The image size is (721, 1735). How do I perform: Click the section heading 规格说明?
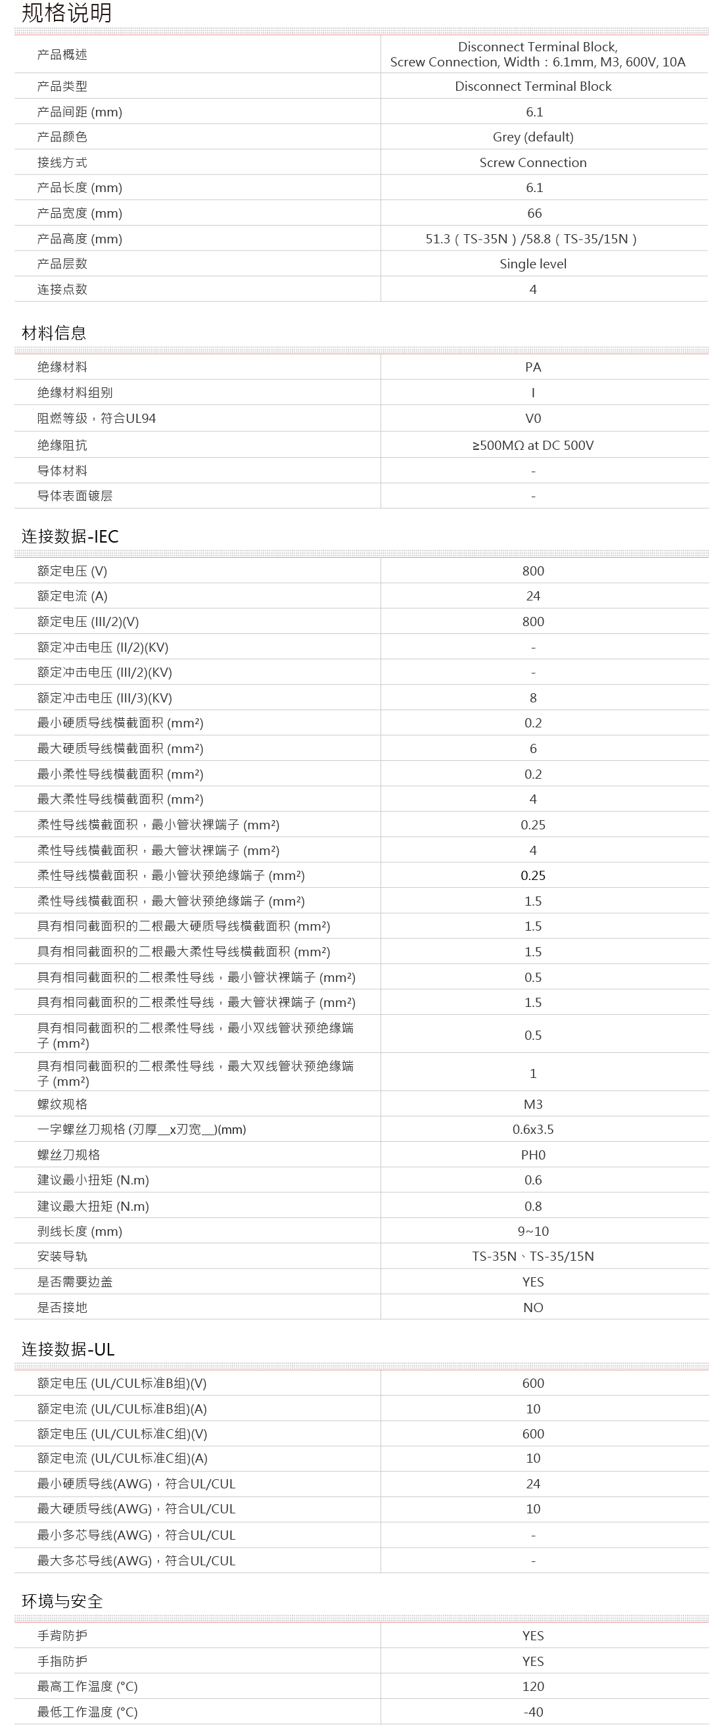(66, 12)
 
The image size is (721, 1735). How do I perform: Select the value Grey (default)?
(532, 137)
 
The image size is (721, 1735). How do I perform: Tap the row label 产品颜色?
(62, 137)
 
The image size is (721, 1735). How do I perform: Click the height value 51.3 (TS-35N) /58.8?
(531, 239)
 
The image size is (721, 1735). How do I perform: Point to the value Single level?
(532, 263)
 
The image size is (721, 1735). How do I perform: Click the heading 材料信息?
(54, 333)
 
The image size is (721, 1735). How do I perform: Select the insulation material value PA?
(532, 367)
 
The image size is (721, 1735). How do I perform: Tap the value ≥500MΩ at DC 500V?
(532, 445)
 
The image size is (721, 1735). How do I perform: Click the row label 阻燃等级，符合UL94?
(96, 418)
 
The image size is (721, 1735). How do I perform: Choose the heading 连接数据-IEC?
(70, 536)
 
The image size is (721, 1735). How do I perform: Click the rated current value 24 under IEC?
(532, 596)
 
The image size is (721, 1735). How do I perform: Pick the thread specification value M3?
(532, 1104)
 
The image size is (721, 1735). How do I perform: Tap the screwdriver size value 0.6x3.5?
(532, 1129)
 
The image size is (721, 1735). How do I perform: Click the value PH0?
(532, 1154)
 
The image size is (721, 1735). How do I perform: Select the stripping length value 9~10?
(532, 1231)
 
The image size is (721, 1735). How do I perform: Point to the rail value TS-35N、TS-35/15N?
(532, 1256)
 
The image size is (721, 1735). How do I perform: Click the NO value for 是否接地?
(532, 1307)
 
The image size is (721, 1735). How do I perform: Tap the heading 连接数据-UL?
(68, 1349)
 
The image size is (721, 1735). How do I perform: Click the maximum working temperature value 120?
(532, 1686)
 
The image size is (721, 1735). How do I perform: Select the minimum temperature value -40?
(532, 1711)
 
